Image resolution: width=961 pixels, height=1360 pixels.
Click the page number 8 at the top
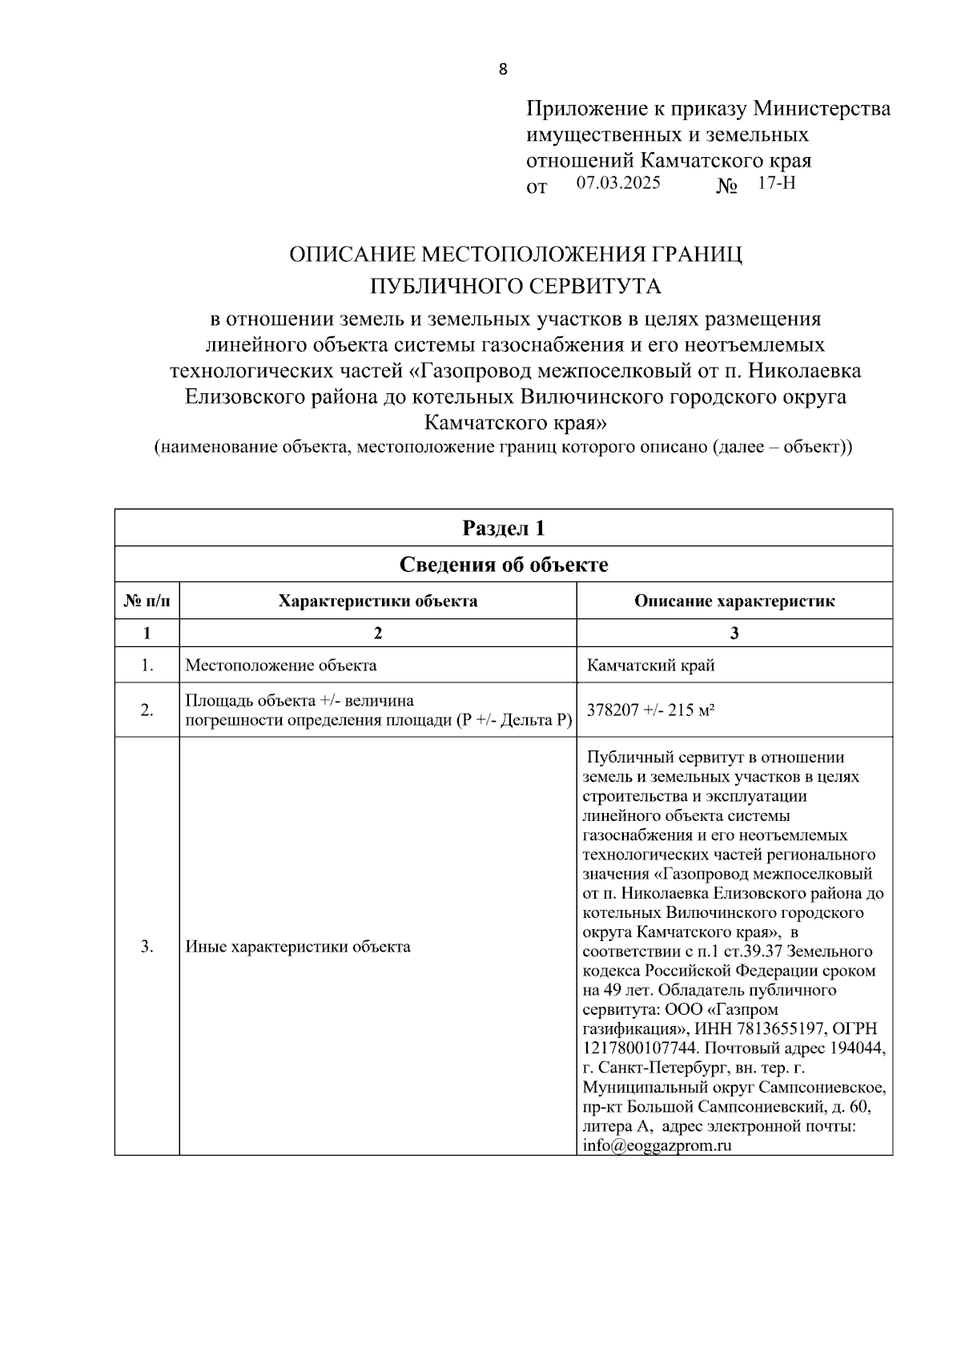(503, 70)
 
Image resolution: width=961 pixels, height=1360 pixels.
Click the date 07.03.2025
(618, 183)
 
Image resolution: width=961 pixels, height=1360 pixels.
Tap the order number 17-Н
(776, 183)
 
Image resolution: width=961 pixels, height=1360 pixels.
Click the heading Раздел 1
(504, 529)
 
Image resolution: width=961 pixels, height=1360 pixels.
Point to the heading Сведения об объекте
(504, 565)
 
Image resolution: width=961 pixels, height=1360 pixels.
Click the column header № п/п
(147, 601)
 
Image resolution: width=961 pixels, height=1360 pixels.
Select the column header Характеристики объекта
(377, 601)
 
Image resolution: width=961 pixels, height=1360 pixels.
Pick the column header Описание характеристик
(734, 601)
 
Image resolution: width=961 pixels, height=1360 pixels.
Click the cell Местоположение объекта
(281, 665)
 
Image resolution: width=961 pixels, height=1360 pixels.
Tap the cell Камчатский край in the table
(650, 665)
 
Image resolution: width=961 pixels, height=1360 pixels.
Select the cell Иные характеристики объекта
(298, 947)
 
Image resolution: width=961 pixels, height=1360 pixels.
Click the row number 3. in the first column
(147, 947)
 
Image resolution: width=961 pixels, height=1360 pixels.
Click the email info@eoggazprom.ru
(657, 1145)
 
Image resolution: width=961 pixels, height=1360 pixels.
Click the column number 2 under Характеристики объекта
(377, 633)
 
